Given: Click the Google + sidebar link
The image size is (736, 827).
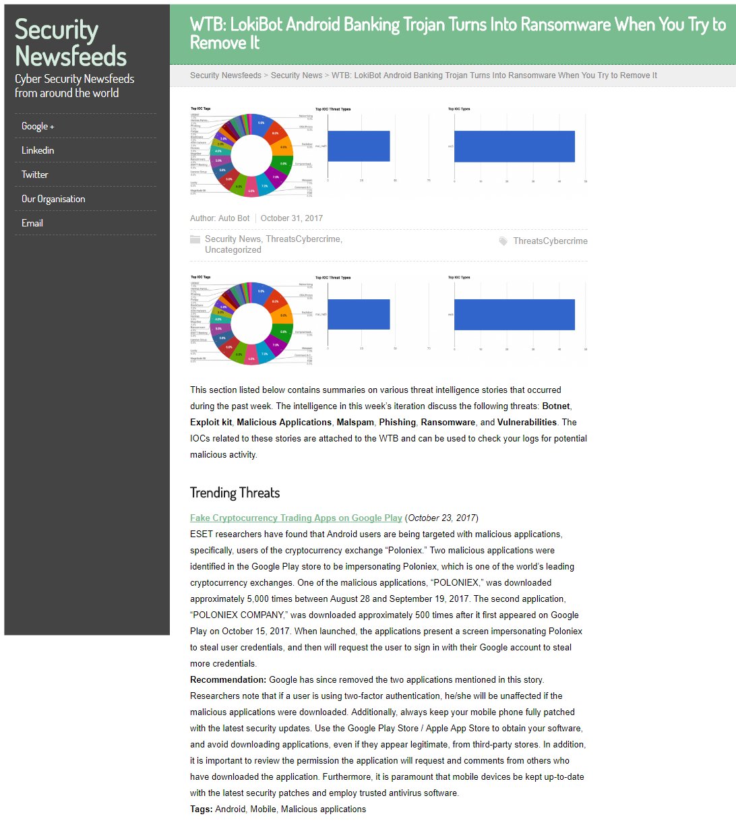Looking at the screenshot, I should [x=38, y=126].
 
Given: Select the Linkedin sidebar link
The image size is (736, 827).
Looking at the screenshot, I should [x=38, y=150].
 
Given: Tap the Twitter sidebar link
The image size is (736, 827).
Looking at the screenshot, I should [x=35, y=175].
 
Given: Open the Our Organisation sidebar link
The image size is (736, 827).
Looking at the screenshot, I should [x=53, y=199].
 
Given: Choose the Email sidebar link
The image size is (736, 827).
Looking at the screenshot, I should [x=32, y=223].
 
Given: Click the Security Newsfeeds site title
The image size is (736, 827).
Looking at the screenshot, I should [x=70, y=42].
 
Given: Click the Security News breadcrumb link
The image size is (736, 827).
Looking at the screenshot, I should [x=297, y=75].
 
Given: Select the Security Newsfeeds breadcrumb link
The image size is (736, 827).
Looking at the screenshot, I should [x=226, y=75].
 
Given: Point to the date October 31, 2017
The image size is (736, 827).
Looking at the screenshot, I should [x=292, y=218].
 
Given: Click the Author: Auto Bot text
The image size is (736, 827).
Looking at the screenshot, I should [x=220, y=218].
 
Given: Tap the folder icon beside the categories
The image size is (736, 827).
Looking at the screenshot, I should [x=195, y=239].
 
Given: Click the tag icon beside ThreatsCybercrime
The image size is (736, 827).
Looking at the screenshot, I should [x=503, y=241].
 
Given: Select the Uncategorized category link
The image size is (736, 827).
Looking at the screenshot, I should [x=233, y=250].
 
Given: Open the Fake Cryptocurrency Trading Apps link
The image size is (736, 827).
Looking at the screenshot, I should [x=296, y=518].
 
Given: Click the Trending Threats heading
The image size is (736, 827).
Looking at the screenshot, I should [x=235, y=493].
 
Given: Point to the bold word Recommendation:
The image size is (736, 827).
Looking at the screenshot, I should [x=228, y=680].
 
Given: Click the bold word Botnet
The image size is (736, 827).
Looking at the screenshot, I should [x=556, y=406].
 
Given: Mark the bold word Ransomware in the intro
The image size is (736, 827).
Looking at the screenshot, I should [x=448, y=423].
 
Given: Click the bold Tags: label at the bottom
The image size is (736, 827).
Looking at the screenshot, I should [x=201, y=809].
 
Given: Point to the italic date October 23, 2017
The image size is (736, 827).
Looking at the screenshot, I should [x=441, y=518].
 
